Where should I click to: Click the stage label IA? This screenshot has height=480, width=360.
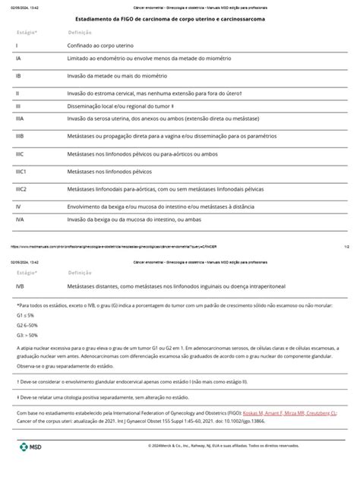point(18,57)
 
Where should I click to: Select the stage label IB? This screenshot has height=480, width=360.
point(18,77)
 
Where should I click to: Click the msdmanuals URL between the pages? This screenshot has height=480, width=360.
point(114,247)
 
